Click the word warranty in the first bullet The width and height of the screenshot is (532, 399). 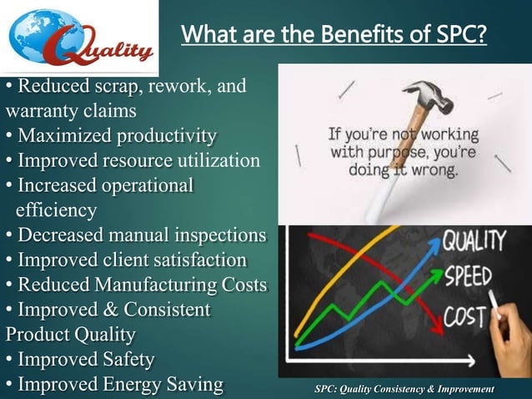(x=41, y=110)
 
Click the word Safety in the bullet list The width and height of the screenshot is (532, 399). (x=126, y=361)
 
